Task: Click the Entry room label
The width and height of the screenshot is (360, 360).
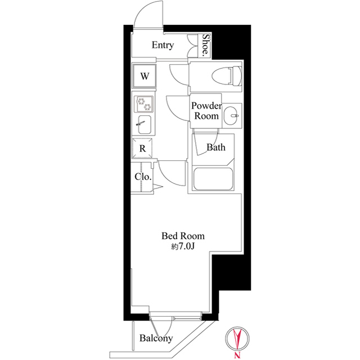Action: point(163,45)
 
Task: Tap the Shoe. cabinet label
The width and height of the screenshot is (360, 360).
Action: point(206,46)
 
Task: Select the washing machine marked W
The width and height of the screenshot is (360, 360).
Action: point(145,76)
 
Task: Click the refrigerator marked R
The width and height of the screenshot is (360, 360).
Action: point(142,148)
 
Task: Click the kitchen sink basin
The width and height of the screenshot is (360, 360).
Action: point(145,124)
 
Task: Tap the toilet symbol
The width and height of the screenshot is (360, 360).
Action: point(227,76)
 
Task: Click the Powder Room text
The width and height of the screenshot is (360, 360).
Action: point(206,111)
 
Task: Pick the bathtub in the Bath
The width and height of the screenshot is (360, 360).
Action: point(213,179)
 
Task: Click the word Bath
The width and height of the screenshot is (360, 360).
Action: point(216,147)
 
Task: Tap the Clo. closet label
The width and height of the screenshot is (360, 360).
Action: point(143,177)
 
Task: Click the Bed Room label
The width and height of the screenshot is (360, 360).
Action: point(183,236)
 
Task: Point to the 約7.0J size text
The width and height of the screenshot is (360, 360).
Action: point(183,246)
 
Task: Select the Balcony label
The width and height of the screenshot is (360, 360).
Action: point(156,338)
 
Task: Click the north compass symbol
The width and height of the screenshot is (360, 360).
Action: point(237,339)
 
